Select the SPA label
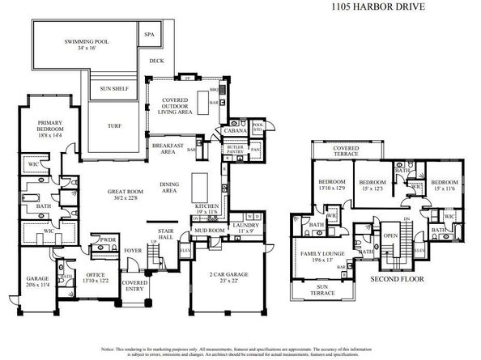149,36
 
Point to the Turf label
116,125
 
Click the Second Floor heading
397,281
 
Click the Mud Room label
209,231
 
